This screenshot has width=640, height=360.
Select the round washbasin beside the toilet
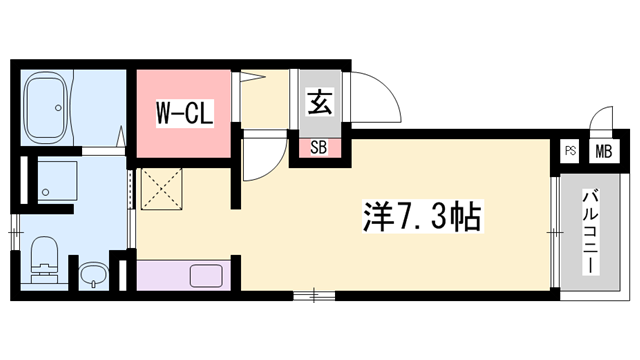click(x=92, y=274)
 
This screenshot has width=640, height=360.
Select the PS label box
click(x=570, y=152)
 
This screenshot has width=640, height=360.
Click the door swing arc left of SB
click(x=263, y=160)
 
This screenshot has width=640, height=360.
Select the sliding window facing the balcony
click(x=553, y=230)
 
